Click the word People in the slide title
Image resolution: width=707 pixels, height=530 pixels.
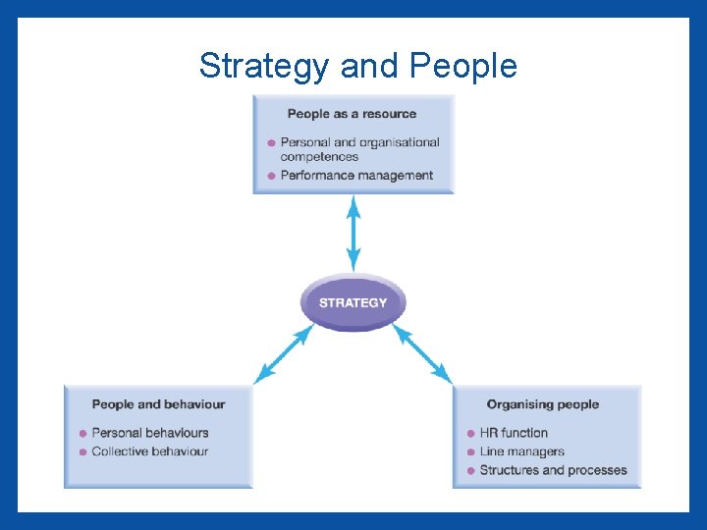pyautogui.click(x=462, y=66)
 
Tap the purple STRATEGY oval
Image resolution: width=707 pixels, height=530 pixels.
pyautogui.click(x=353, y=302)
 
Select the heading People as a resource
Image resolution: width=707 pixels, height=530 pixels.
pyautogui.click(x=352, y=114)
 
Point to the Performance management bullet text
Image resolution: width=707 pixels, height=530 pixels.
pyautogui.click(x=356, y=176)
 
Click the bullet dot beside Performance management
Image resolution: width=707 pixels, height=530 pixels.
pyautogui.click(x=271, y=176)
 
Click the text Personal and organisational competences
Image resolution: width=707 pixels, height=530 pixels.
pyautogui.click(x=359, y=149)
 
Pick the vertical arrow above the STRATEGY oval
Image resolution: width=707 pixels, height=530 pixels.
pyautogui.click(x=353, y=234)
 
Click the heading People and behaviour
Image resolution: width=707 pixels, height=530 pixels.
pyautogui.click(x=158, y=404)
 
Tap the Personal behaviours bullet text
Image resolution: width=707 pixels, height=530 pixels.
pyautogui.click(x=150, y=433)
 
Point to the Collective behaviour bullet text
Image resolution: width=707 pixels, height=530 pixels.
pyautogui.click(x=150, y=451)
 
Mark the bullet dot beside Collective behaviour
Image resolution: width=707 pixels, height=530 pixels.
pyautogui.click(x=82, y=452)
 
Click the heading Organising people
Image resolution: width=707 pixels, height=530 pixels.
pyautogui.click(x=542, y=404)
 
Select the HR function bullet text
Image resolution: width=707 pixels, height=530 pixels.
pyautogui.click(x=514, y=433)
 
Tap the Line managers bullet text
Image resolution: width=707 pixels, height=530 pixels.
pyautogui.click(x=521, y=451)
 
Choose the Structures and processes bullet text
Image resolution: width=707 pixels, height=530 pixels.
pyautogui.click(x=553, y=470)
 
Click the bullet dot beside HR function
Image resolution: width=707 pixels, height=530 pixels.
pyautogui.click(x=471, y=433)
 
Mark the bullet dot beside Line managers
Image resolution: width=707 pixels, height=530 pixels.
pyautogui.click(x=471, y=452)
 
